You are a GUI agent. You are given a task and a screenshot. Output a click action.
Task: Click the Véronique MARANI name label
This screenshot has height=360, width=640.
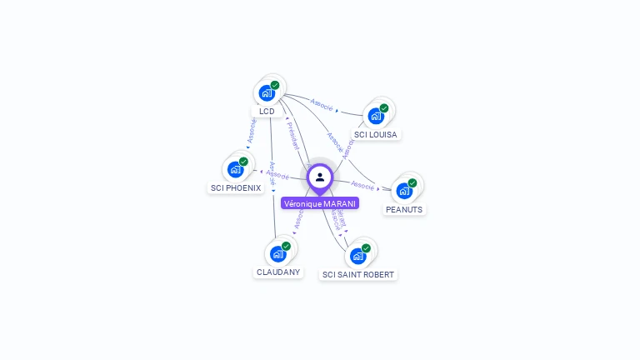click(x=320, y=203)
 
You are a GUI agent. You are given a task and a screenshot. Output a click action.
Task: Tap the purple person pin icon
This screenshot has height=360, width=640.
click(x=320, y=177)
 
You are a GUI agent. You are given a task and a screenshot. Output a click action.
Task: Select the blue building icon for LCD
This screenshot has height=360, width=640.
click(x=267, y=92)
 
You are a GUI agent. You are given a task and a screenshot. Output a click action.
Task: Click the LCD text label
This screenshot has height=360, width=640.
click(x=267, y=111)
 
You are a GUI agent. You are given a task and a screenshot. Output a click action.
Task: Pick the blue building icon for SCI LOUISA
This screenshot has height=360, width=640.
click(x=376, y=116)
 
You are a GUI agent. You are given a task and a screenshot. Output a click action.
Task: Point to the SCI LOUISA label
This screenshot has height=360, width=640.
click(x=376, y=134)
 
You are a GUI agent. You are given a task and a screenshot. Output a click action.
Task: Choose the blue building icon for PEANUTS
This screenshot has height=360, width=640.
click(x=404, y=191)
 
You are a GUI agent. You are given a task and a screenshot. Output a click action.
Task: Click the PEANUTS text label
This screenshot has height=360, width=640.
click(x=404, y=210)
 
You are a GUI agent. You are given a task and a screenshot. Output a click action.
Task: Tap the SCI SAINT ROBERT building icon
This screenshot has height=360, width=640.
click(x=357, y=256)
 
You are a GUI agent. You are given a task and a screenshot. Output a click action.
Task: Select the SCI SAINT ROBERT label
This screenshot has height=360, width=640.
click(x=358, y=274)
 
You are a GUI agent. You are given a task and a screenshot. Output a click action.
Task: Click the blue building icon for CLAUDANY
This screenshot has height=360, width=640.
click(x=277, y=253)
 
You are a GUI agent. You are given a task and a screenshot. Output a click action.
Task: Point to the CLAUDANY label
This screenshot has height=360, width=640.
click(x=278, y=272)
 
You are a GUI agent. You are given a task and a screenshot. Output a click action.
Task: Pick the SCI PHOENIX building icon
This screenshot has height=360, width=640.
click(x=235, y=169)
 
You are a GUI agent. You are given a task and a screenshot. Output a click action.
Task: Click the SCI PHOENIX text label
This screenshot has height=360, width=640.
click(x=236, y=188)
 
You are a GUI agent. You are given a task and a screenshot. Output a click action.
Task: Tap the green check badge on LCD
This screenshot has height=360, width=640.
click(x=275, y=85)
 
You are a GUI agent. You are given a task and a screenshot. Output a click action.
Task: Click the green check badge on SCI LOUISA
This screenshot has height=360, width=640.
click(x=384, y=108)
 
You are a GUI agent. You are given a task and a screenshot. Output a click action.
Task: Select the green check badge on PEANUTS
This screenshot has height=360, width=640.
click(x=412, y=183)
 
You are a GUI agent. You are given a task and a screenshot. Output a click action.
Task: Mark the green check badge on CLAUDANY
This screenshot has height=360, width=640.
click(x=286, y=246)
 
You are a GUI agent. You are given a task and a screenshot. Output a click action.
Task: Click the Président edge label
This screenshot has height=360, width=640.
click(x=293, y=134)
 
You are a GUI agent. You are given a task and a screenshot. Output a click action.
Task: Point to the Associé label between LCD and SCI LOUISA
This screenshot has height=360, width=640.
click(x=322, y=105)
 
